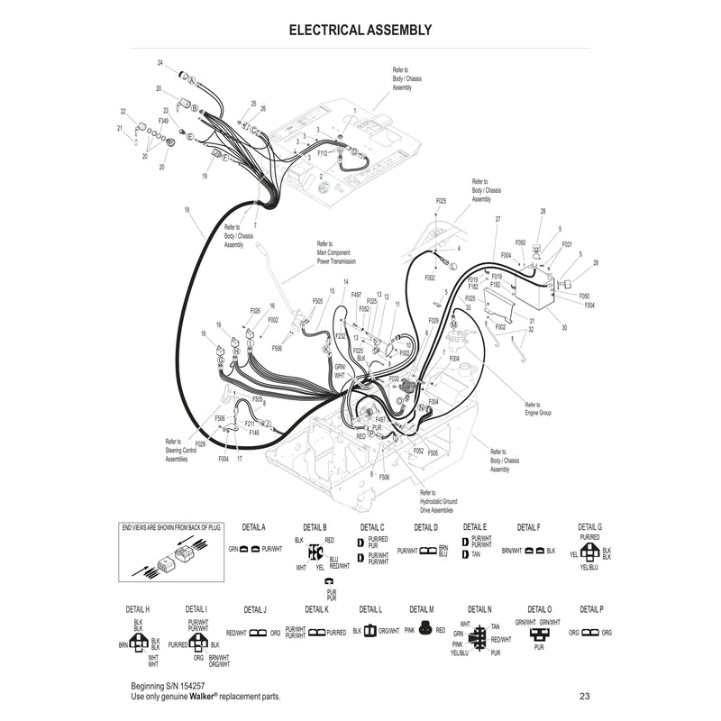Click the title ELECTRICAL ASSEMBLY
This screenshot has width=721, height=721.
coord(360,30)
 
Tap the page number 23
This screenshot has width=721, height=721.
coord(585,696)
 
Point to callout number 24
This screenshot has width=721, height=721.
coord(160,63)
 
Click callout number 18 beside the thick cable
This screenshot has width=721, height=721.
coord(186,210)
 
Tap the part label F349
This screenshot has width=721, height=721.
coord(163,120)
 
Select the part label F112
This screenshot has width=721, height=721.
coord(322,153)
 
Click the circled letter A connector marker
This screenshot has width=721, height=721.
coord(191,81)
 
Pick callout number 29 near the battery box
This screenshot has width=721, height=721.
coord(596,262)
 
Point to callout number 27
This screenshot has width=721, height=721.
coord(497,219)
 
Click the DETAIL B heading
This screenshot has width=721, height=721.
coord(312,526)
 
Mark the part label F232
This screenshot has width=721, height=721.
coord(341,335)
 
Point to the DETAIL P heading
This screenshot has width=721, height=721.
coord(591,609)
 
